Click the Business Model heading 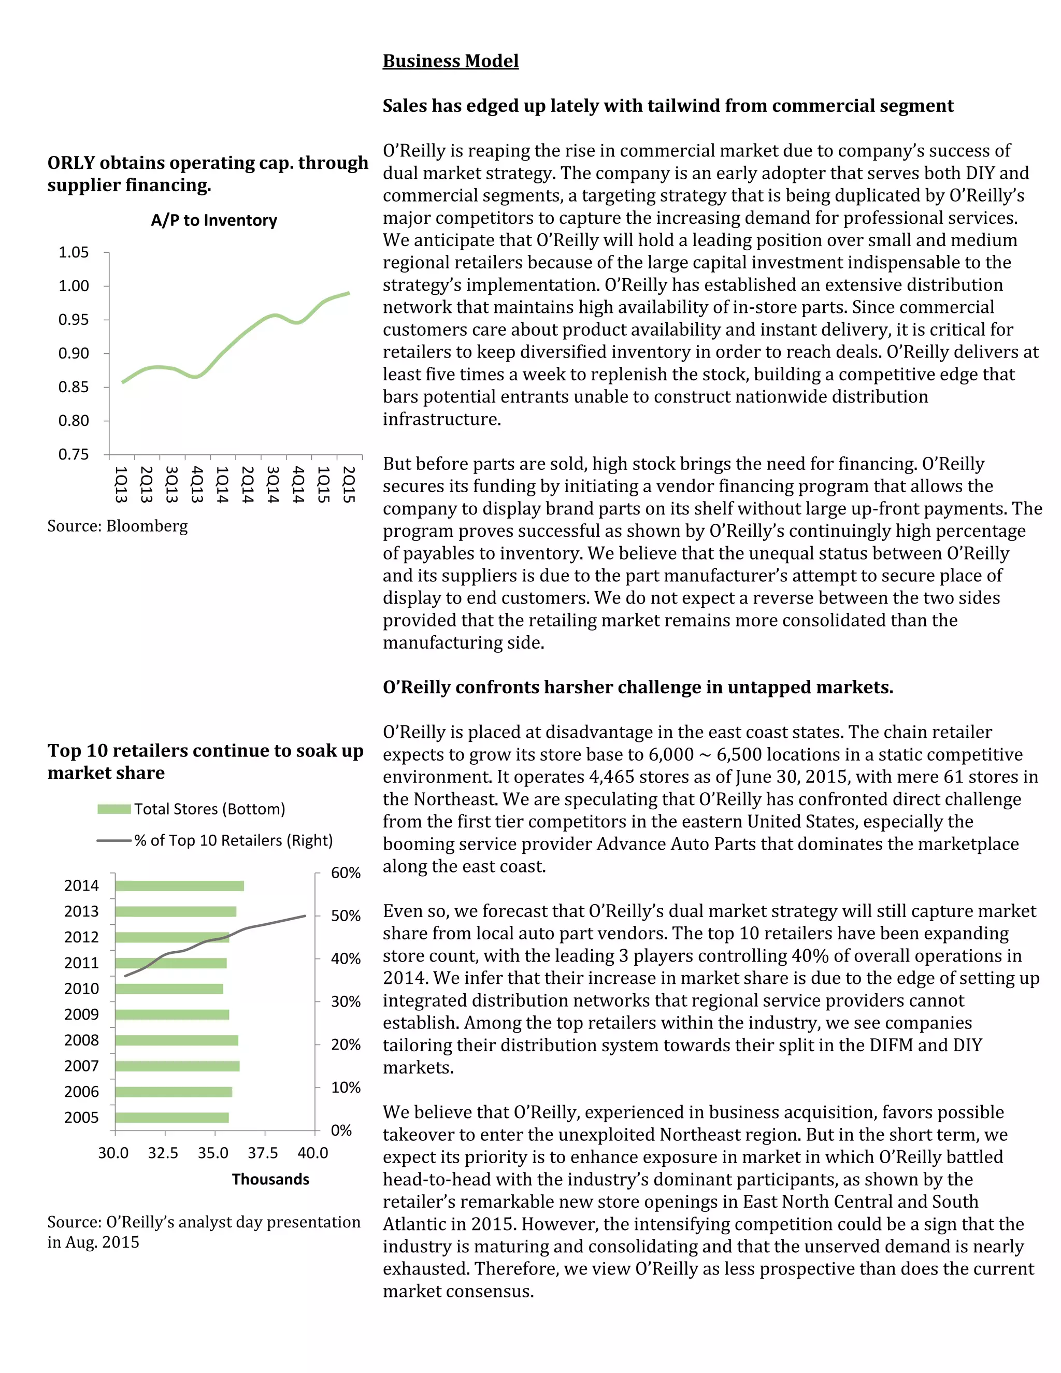[x=451, y=61]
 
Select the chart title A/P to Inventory [x=214, y=220]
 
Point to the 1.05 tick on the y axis [x=74, y=252]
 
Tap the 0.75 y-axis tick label [x=74, y=454]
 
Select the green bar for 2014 [x=179, y=886]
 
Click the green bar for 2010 [x=169, y=989]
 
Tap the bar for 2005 [x=171, y=1117]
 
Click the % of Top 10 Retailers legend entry [x=215, y=840]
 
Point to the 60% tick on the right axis [x=346, y=873]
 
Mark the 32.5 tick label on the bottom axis [x=163, y=1153]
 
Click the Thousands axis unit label [x=270, y=1179]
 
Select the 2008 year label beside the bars [x=82, y=1040]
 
